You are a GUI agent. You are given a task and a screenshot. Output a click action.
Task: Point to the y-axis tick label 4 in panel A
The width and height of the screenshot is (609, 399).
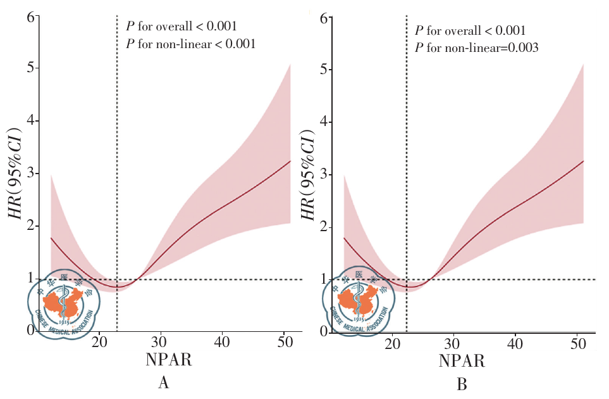point(30,121)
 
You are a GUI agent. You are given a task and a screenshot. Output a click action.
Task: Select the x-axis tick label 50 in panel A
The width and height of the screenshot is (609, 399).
point(284,342)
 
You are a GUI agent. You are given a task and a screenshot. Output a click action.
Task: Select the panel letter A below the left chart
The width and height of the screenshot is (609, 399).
point(163,383)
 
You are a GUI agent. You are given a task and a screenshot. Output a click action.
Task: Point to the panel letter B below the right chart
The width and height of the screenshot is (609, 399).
point(462,384)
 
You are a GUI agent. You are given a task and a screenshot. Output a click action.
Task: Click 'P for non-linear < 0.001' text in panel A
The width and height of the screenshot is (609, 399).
point(190,44)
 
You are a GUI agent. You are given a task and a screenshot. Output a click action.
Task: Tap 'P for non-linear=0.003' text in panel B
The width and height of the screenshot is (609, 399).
point(476,47)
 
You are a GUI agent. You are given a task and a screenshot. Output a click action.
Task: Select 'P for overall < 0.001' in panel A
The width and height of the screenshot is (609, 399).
point(181,27)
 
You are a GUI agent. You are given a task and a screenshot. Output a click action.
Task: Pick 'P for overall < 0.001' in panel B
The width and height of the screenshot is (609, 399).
point(470,30)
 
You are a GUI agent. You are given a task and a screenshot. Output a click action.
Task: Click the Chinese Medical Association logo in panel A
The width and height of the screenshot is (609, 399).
point(61,302)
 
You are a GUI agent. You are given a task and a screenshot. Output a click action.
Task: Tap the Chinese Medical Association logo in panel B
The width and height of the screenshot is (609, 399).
point(357,301)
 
